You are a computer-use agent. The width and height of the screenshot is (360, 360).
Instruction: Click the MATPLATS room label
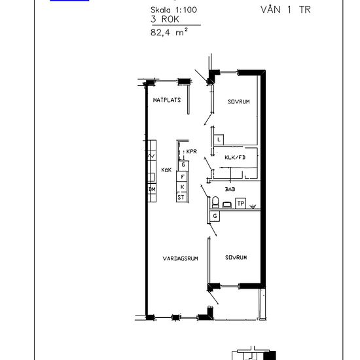pos(167,100)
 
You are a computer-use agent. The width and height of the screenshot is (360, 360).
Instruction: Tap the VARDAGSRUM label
pos(180,259)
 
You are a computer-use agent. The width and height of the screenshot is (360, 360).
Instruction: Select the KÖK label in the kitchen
pos(166,170)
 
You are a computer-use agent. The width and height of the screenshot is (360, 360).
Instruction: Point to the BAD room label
pos(230,189)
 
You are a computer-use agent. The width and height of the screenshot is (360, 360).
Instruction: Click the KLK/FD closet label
pos(235,158)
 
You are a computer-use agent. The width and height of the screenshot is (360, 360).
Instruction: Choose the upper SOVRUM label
pos(239,101)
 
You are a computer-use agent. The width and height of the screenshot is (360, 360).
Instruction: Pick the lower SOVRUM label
pos(236,257)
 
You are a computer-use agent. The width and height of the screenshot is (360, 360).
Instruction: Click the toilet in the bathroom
pos(215,202)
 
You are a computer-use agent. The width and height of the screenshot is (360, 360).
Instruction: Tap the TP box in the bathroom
pos(241,203)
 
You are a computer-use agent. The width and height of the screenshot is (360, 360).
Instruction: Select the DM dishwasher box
pos(152,189)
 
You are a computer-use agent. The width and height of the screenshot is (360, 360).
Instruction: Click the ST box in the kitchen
pos(181,197)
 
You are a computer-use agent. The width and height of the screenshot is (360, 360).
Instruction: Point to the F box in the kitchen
pos(183,177)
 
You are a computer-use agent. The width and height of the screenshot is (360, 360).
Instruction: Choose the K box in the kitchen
pos(183,187)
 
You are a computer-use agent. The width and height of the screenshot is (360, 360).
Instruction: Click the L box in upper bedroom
pos(219,139)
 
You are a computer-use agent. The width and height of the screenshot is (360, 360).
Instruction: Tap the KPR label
pos(192,152)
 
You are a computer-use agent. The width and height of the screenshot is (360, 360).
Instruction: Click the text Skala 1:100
pos(174,10)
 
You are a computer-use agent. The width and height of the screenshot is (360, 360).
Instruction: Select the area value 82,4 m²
pos(170,32)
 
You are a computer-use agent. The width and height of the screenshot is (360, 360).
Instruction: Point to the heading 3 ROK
pos(165,19)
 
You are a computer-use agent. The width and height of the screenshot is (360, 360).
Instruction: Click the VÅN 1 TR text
pos(285,9)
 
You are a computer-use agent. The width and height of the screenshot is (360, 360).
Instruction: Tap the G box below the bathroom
pos(215,216)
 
